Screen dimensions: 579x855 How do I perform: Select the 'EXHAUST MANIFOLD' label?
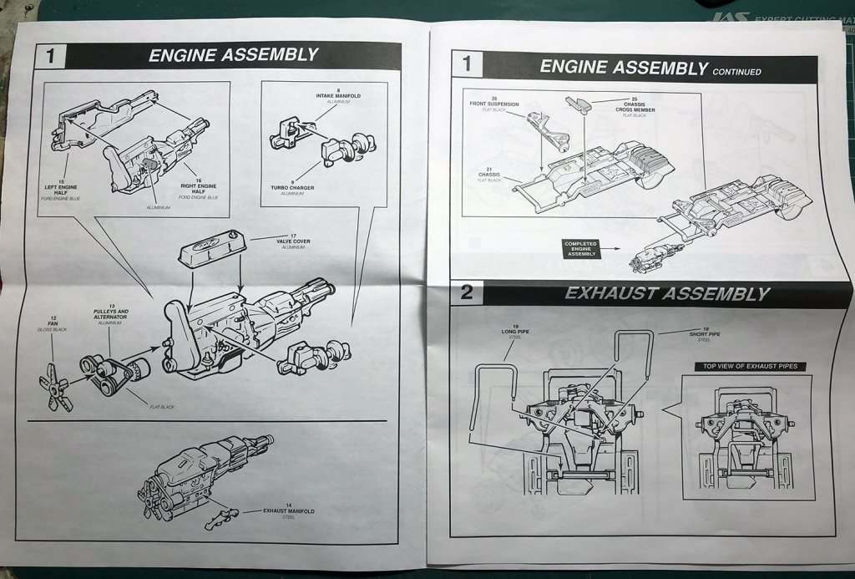[288, 512]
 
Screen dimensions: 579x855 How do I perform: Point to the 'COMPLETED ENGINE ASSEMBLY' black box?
[582, 248]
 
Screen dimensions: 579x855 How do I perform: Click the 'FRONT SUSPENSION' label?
[494, 105]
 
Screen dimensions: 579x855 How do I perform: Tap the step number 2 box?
[467, 292]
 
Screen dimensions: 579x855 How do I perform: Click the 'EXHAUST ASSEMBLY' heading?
[666, 293]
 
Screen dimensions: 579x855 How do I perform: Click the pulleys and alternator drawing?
[113, 373]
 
